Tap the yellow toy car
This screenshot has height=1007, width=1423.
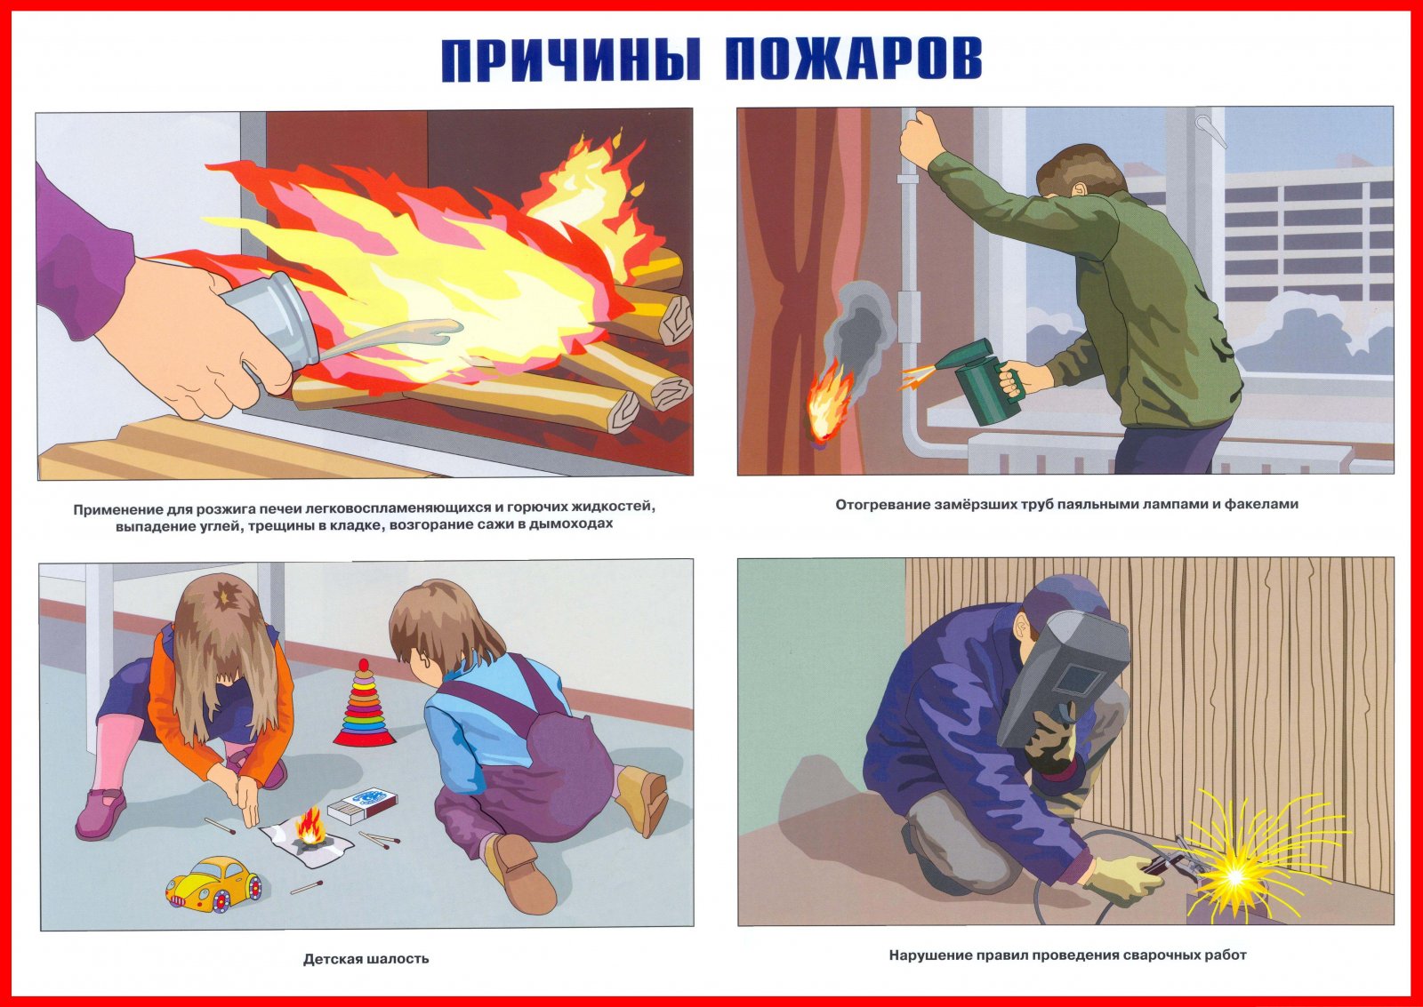tap(214, 882)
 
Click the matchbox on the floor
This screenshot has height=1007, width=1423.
tap(362, 806)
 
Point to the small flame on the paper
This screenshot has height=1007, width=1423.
tap(312, 826)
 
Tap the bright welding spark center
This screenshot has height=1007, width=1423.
tap(1235, 877)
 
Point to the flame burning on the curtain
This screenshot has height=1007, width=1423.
tap(829, 400)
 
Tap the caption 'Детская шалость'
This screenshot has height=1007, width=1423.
tap(366, 958)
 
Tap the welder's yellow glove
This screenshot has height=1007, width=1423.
tap(1119, 879)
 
